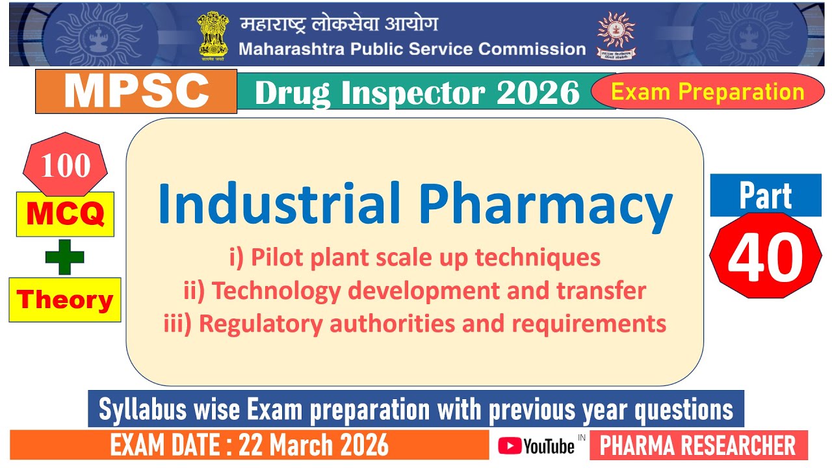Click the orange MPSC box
[x=136, y=92]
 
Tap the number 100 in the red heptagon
[x=65, y=166]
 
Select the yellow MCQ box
[x=65, y=214]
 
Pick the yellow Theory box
[x=65, y=300]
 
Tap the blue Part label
[x=765, y=196]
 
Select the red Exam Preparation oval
[x=708, y=92]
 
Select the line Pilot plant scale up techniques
[x=415, y=258]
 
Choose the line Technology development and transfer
[x=415, y=291]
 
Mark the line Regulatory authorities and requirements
[x=415, y=323]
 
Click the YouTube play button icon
[x=510, y=446]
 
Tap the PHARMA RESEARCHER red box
[x=698, y=446]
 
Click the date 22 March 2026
[x=314, y=446]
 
